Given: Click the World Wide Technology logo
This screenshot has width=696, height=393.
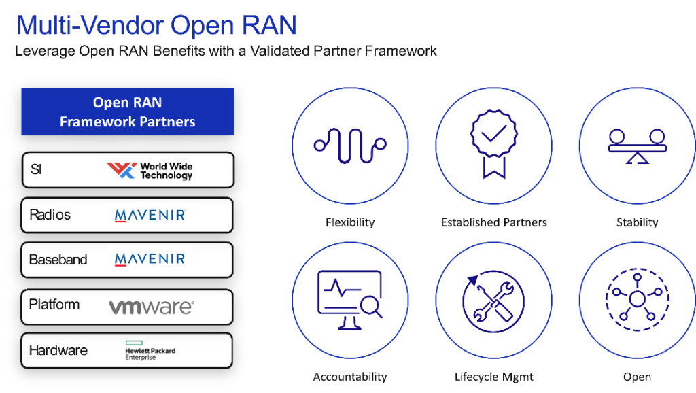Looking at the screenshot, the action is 150,171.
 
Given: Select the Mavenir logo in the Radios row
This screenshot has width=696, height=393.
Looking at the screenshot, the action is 150,216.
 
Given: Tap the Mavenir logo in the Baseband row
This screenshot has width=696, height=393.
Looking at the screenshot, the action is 150,259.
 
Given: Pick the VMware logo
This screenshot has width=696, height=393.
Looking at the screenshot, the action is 152,307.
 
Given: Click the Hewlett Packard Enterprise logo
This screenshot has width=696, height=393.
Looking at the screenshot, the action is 150,350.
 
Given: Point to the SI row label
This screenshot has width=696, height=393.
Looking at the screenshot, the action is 36,169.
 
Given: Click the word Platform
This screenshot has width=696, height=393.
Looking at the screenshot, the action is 54,305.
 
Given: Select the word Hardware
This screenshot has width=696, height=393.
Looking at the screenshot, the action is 58,350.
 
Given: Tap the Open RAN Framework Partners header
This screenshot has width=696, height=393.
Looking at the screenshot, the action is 128,112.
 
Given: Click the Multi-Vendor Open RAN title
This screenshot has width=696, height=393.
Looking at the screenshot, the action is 156,25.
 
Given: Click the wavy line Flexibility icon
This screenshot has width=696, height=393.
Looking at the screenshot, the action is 350,146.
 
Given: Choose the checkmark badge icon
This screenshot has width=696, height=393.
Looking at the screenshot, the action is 493,144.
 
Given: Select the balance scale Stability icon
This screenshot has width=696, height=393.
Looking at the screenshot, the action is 638,146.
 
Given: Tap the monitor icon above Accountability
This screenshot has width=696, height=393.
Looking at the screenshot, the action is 350,301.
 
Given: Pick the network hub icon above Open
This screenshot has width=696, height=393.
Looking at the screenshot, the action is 638,300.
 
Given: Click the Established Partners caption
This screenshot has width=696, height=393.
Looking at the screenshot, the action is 494,222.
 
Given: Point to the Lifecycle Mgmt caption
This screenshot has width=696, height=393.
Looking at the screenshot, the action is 494,377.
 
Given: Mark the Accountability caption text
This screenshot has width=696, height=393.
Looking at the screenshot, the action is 350,377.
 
